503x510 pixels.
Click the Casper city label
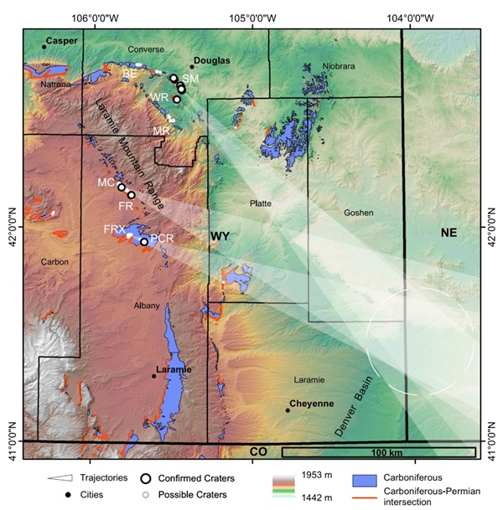pyautogui.click(x=62, y=40)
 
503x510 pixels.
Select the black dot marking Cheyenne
pyautogui.click(x=288, y=410)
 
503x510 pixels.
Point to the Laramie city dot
pyautogui.click(x=153, y=376)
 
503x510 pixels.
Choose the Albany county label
pyautogui.click(x=146, y=306)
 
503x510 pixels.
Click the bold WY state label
pyautogui.click(x=220, y=237)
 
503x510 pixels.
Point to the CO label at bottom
pyautogui.click(x=258, y=452)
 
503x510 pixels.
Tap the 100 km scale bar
pyautogui.click(x=378, y=453)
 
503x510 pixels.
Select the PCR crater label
pyautogui.click(x=162, y=239)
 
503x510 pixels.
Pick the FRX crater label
pyautogui.click(x=114, y=229)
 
